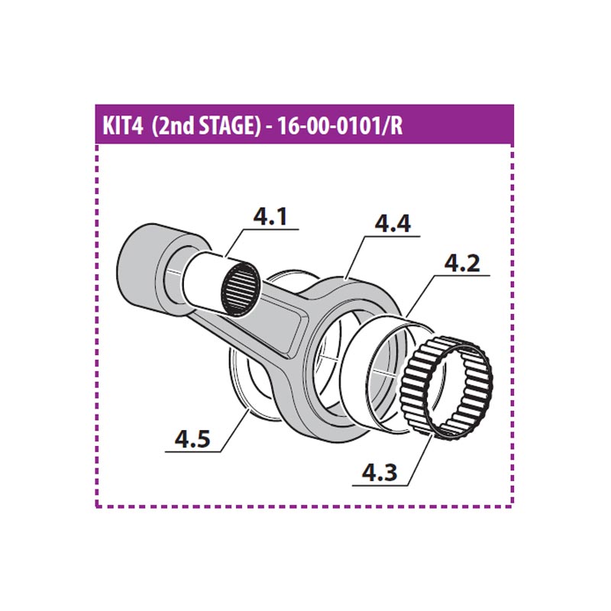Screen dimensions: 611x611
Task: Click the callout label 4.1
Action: click(x=270, y=218)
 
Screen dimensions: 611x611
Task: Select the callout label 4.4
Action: click(x=393, y=225)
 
